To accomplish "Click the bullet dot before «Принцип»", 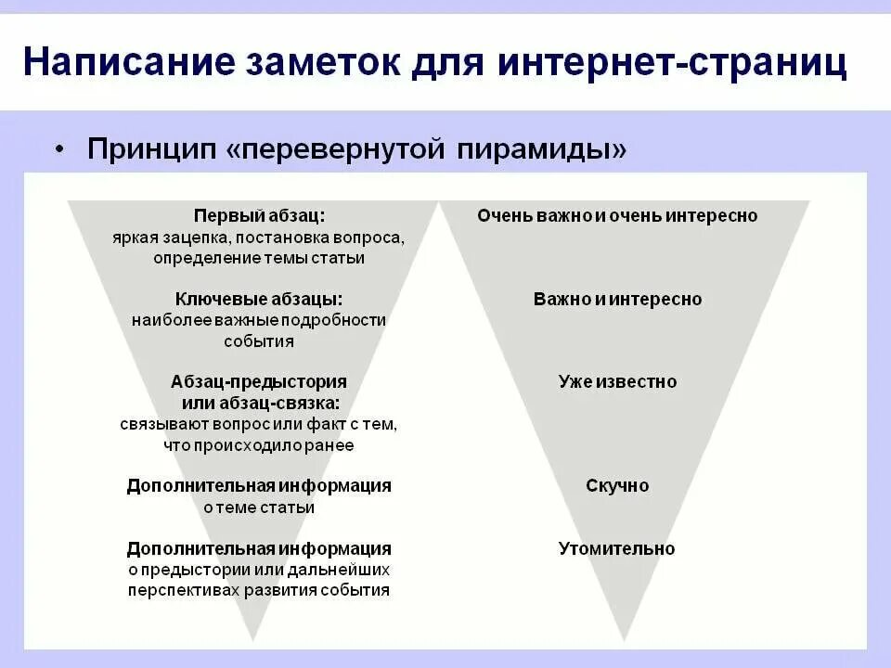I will [x=60, y=149].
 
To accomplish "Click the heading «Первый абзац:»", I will [x=259, y=215].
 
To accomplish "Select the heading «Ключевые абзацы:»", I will [x=259, y=299].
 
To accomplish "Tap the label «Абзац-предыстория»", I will [x=259, y=381].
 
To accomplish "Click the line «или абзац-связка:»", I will [x=259, y=403].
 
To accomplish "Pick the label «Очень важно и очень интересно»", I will [x=617, y=215].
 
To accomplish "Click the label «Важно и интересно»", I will [x=617, y=299].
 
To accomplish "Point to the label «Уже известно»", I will [x=617, y=381].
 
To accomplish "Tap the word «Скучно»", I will [x=617, y=485].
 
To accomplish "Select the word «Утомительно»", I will [x=617, y=548].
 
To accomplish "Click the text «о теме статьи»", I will [x=259, y=507].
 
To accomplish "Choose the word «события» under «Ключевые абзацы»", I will [x=259, y=340].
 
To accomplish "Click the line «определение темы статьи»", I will [x=259, y=258].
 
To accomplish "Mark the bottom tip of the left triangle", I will [x=252, y=638].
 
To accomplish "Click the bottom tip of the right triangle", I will [x=624, y=638].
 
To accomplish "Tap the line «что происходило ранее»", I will [x=259, y=445].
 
